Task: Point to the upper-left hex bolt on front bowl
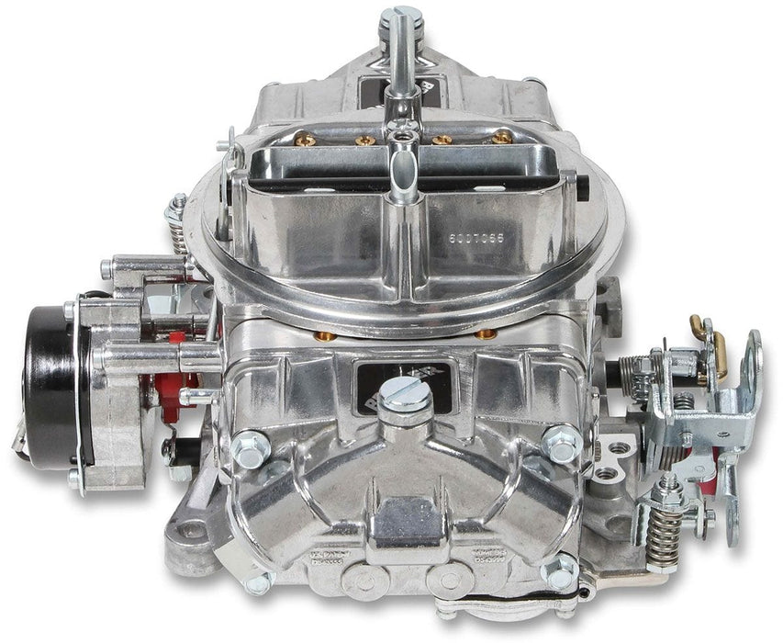coord(248,447)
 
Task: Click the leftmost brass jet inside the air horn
coord(306,141)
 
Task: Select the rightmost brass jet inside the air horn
coord(501,138)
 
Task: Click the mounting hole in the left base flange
coord(191,530)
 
